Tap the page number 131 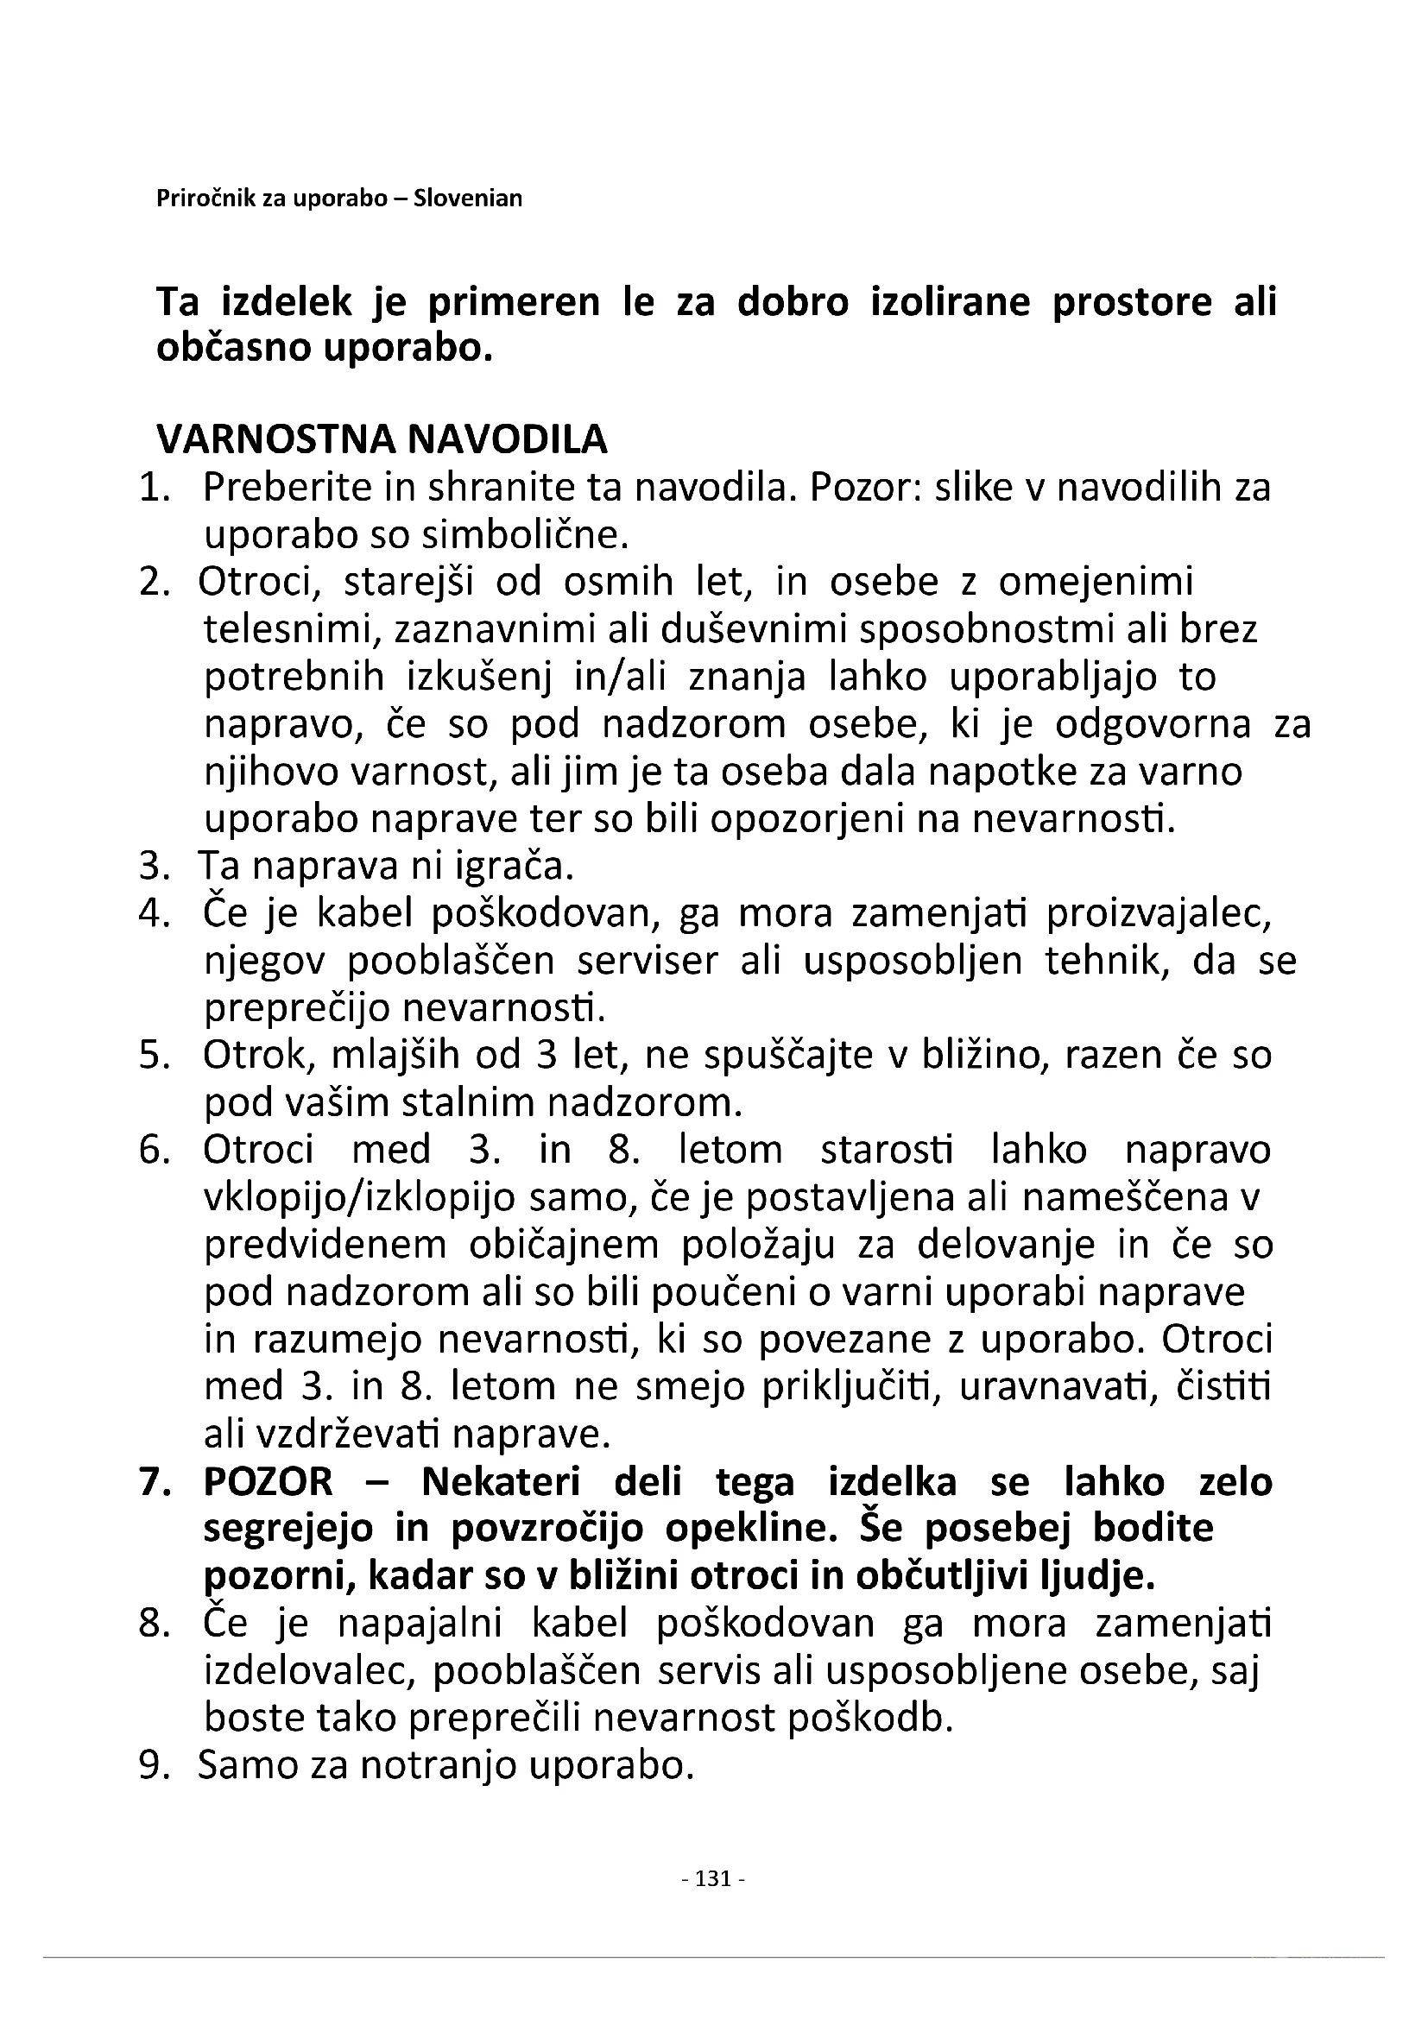[713, 1878]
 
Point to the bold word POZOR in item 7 [269, 1483]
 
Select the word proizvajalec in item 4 [1158, 914]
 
